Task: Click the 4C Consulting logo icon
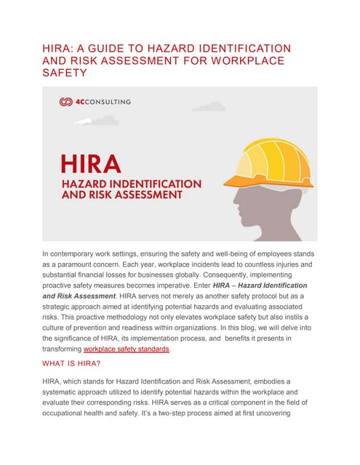[x=66, y=102]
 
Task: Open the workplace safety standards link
[x=127, y=349]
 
